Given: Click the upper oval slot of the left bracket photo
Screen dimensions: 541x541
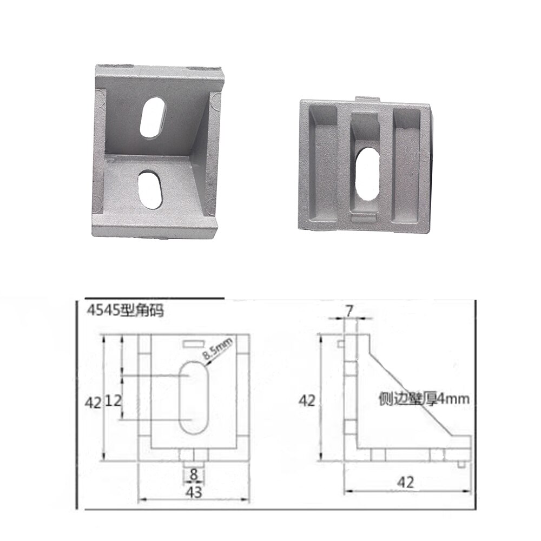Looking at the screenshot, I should [x=154, y=117].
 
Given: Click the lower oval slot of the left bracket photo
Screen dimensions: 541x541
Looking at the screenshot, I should [x=150, y=190].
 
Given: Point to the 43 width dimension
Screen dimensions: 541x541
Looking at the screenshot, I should [x=193, y=492].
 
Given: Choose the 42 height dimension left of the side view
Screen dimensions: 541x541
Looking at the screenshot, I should [x=307, y=400].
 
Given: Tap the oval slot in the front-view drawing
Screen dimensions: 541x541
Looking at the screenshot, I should [x=194, y=397].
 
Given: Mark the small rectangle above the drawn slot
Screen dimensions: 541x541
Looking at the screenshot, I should [x=193, y=344].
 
